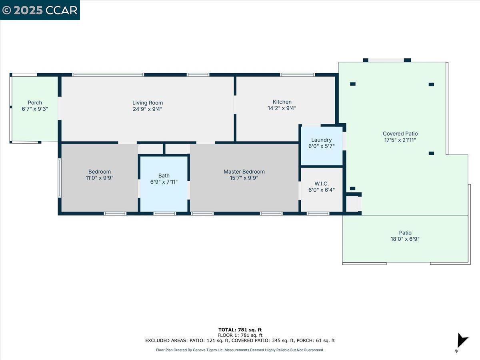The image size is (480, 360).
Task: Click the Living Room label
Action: tap(148, 103)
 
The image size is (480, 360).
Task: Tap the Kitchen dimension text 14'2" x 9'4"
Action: tap(282, 108)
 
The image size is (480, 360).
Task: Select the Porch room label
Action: tap(35, 102)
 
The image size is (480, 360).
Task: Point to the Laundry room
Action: tap(322, 146)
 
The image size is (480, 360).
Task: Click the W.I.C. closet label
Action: tap(322, 184)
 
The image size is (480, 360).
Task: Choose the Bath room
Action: tap(164, 184)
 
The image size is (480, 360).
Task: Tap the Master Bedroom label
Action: tap(244, 172)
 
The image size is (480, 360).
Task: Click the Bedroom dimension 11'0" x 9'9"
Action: tap(100, 178)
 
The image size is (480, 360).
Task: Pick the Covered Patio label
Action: tap(400, 134)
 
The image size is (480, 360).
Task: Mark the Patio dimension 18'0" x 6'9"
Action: tap(405, 239)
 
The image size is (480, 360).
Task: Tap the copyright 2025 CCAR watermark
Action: tap(40, 10)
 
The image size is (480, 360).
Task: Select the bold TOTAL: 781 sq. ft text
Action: tap(240, 330)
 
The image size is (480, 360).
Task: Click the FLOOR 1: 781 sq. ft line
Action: tap(240, 335)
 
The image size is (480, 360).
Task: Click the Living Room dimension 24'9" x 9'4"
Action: tap(148, 109)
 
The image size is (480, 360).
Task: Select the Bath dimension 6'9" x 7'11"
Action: tap(164, 182)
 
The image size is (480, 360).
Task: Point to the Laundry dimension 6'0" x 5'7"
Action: tap(322, 146)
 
